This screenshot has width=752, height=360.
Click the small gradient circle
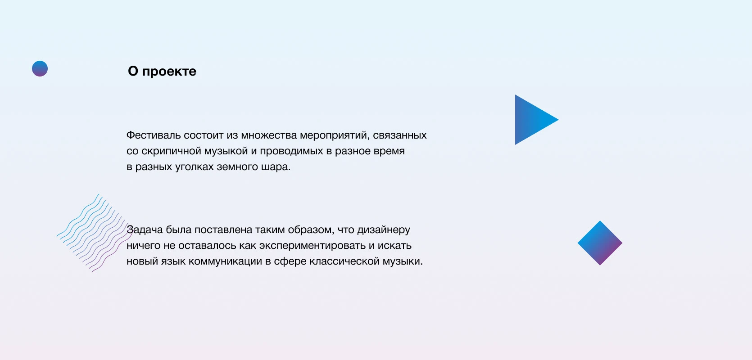pos(40,69)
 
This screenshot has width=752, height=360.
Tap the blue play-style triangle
pos(531,120)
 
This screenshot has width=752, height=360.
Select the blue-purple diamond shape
pos(600,243)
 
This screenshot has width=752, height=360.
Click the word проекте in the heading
pos(169,72)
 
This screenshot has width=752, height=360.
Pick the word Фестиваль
pos(154,135)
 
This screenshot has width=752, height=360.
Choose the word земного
pos(237,166)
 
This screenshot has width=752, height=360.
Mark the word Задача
pos(145,230)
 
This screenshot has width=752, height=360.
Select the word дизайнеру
pos(383,230)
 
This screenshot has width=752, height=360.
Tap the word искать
pos(394,246)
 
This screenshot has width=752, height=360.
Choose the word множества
pos(269,135)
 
